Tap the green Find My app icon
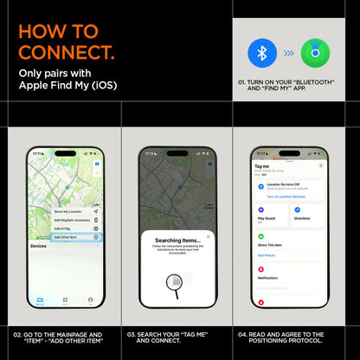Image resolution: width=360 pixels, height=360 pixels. point(315,53)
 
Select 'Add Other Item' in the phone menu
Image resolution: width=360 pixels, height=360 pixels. point(71,236)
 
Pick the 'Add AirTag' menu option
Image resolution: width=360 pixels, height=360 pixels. point(65,228)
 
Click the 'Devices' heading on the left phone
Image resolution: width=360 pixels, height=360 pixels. point(39,247)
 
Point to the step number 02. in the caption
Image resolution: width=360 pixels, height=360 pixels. point(18,334)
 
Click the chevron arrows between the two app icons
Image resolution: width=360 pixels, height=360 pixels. point(289,53)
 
